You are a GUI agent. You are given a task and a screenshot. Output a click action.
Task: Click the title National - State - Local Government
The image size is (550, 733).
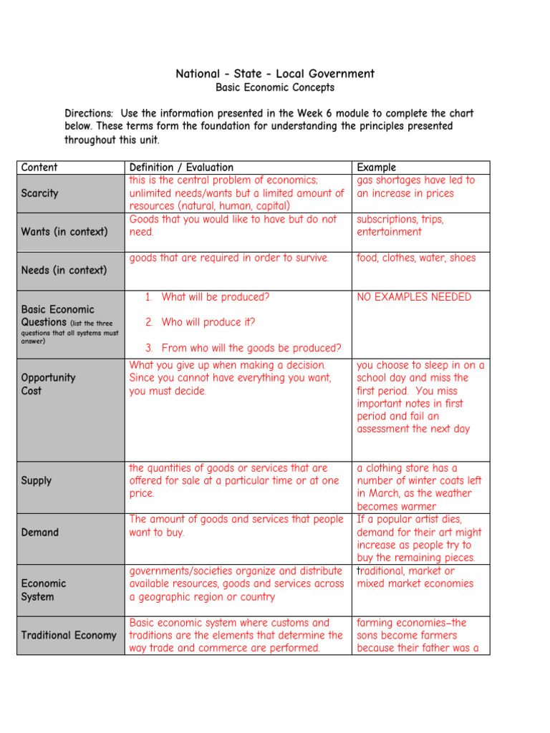(x=275, y=74)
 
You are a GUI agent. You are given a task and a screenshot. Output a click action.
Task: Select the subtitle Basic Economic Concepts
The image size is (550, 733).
(x=275, y=88)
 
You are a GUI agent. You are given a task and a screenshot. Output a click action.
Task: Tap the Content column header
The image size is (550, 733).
(x=39, y=168)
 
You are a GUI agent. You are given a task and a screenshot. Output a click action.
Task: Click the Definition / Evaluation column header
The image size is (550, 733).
(x=181, y=168)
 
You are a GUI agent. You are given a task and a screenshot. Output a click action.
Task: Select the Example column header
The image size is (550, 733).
(x=376, y=168)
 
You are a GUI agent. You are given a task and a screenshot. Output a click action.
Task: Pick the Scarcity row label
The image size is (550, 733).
(x=40, y=193)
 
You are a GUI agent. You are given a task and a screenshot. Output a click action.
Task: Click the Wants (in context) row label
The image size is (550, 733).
(x=64, y=232)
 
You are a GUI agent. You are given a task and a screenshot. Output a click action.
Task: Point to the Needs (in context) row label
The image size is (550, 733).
(x=64, y=271)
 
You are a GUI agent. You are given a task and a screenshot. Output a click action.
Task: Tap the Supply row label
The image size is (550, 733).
(x=37, y=480)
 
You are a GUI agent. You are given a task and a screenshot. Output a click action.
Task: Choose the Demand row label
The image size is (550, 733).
(x=40, y=533)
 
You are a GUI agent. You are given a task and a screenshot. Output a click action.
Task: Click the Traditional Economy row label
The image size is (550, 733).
(x=69, y=636)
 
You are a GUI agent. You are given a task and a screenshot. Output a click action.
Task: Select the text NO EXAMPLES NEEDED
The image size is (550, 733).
(x=414, y=297)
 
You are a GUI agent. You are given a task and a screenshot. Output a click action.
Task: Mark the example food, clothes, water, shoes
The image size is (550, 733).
(x=416, y=258)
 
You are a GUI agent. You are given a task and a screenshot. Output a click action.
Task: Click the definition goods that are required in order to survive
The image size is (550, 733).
(x=228, y=258)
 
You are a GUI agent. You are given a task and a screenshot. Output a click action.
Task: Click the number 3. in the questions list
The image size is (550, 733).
(x=150, y=349)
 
